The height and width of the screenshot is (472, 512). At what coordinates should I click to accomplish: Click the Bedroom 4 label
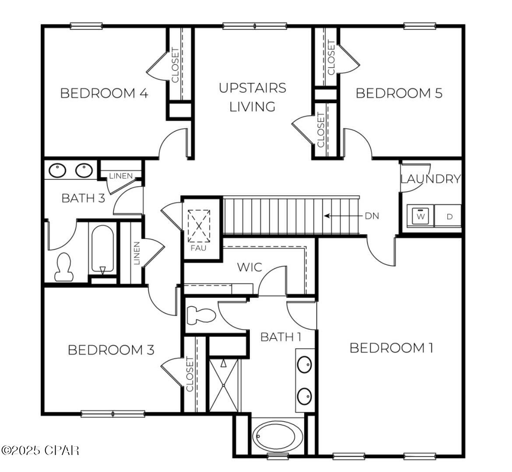point(104,93)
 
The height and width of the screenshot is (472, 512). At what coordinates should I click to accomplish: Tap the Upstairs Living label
point(252,97)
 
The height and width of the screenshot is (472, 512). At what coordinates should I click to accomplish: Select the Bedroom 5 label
point(399,93)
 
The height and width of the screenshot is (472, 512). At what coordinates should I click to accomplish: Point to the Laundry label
point(431,179)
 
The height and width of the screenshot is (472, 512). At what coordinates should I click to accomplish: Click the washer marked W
point(421,216)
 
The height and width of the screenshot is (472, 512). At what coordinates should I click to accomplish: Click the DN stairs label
point(372,216)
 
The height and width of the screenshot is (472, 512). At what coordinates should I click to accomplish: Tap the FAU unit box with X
point(199,226)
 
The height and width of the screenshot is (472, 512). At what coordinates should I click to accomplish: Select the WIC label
point(249,267)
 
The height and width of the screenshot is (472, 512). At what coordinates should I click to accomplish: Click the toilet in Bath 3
point(64,267)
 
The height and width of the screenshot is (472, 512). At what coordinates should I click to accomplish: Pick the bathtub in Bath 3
point(102,249)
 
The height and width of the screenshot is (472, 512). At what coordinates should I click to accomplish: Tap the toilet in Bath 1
point(201,315)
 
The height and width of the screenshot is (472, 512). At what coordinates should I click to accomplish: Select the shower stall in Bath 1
point(224,385)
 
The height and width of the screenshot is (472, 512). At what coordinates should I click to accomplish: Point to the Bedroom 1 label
point(391,348)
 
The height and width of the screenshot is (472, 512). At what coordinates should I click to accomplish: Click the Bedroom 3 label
point(111,350)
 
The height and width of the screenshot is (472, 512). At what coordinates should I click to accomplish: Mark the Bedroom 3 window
point(113,413)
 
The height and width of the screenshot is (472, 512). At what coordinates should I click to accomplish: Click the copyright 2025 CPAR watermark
point(40,450)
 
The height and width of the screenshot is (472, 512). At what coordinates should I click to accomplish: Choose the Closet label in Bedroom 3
point(190,374)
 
